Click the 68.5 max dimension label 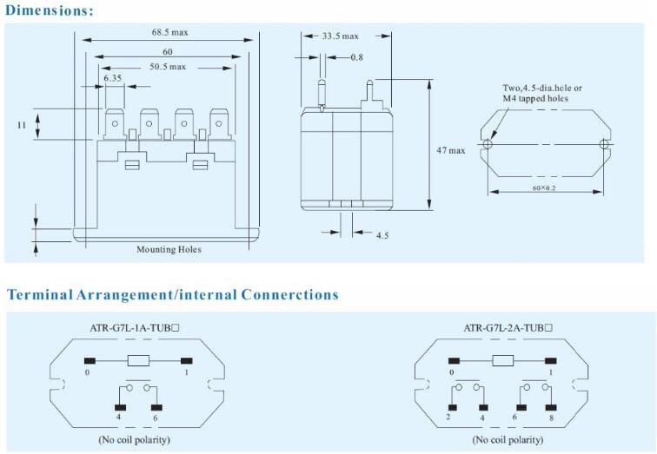169,32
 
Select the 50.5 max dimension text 168,67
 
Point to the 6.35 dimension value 113,78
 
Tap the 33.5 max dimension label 341,36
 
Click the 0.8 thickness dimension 357,57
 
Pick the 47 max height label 451,150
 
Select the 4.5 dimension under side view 382,235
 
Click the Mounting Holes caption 169,249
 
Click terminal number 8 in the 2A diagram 551,418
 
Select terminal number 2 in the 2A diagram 448,417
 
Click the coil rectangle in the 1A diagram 138,361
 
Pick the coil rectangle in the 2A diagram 503,361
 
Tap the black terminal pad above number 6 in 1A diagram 156,407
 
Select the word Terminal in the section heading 40,294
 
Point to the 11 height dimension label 22,125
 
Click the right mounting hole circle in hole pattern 604,144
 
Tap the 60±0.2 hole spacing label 544,188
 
